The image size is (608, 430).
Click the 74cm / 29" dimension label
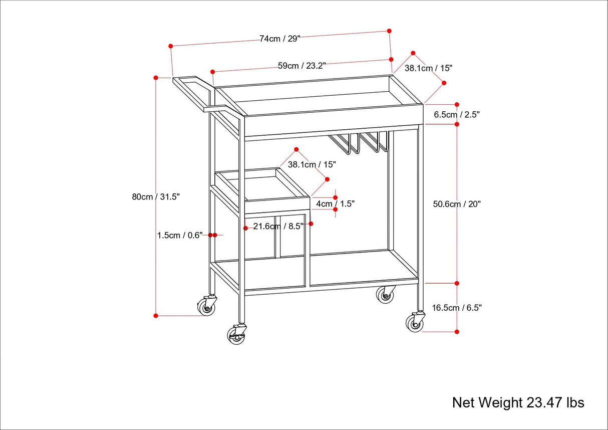(279, 39)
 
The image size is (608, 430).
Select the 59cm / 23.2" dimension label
(302, 65)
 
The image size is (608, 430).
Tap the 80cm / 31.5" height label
(156, 197)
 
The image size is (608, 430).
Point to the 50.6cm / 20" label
(456, 204)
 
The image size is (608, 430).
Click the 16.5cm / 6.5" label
(456, 308)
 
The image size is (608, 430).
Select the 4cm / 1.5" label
(335, 204)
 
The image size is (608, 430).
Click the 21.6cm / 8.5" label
(278, 226)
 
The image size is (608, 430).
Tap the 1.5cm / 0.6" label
(179, 235)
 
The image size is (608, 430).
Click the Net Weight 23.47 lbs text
(518, 402)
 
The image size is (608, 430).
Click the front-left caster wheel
(236, 335)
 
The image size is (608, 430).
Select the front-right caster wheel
(415, 323)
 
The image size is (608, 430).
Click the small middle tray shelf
(263, 190)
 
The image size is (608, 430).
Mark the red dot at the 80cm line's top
(156, 78)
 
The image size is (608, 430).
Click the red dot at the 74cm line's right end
(389, 31)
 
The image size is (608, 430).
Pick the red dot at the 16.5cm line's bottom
(457, 331)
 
